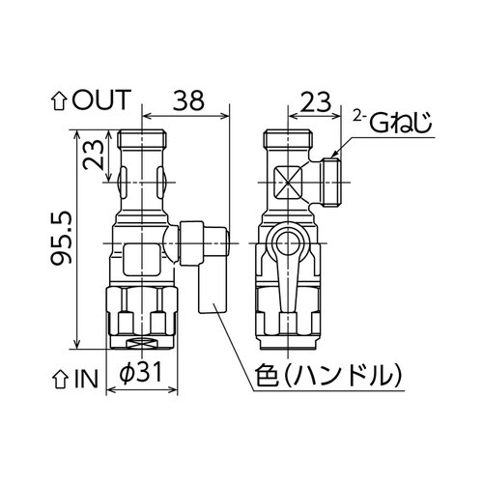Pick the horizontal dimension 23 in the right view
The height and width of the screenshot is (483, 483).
[x=309, y=99]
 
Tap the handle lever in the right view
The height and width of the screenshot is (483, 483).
[x=287, y=290]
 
